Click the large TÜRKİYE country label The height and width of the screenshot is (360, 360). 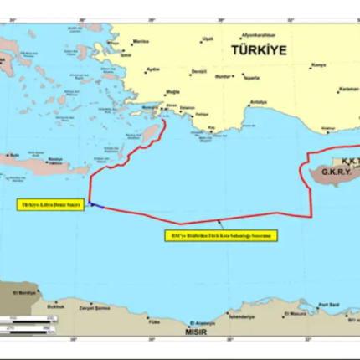pos(258,50)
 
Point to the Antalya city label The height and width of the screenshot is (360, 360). pos(259,102)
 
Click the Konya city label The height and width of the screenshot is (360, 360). pos(319,65)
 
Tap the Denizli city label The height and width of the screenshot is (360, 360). pos(198,72)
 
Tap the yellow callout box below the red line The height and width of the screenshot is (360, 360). pos(219,236)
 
